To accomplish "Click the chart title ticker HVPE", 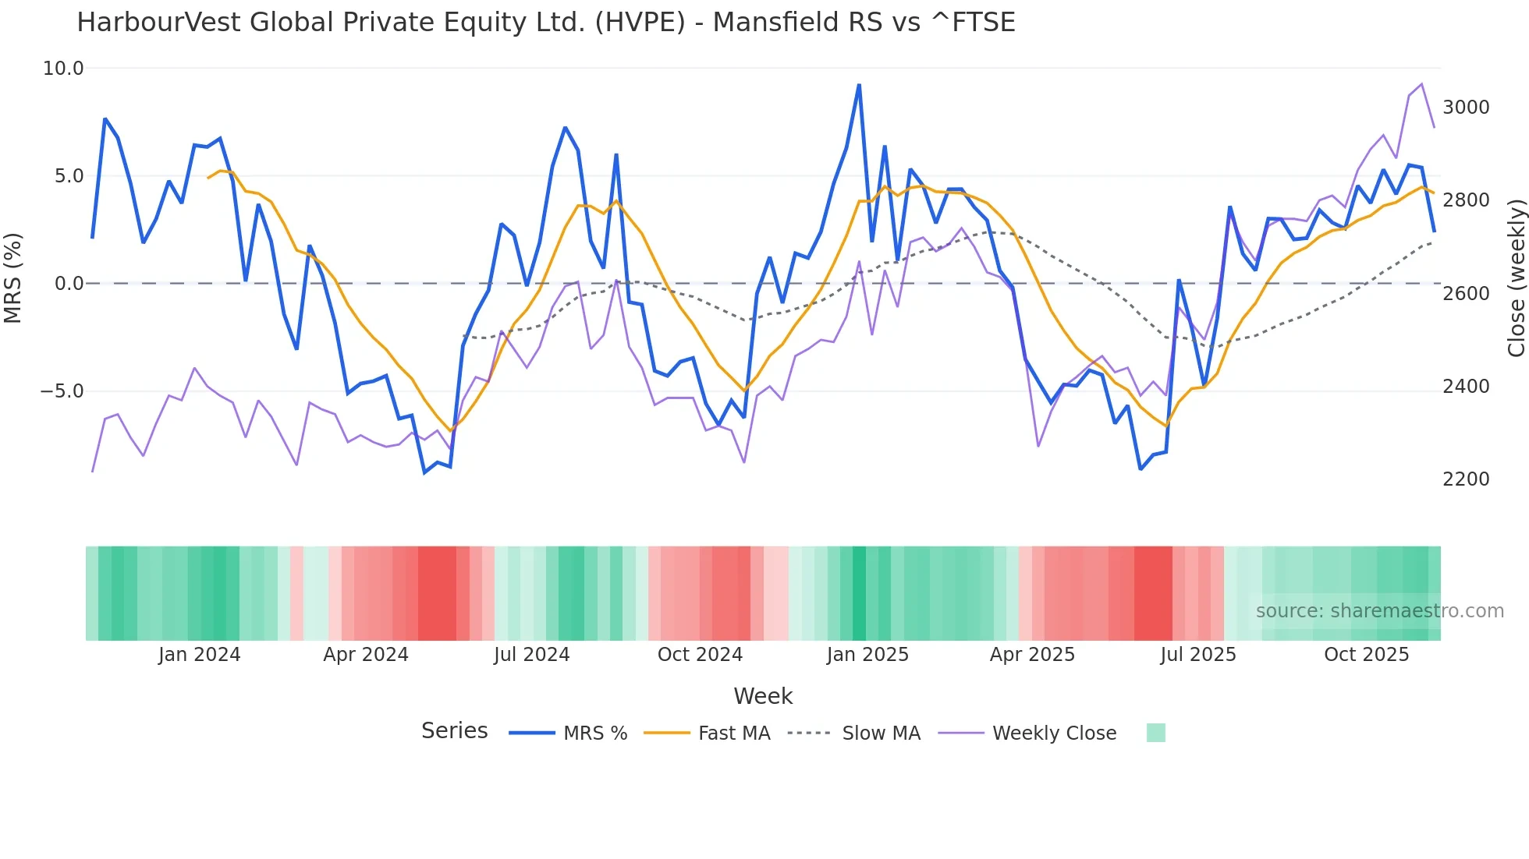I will click(x=640, y=23).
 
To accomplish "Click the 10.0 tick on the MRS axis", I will click(x=63, y=69).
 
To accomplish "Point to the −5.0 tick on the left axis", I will click(x=62, y=391).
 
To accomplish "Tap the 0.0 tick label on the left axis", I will click(x=69, y=284).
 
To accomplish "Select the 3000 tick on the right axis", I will click(x=1466, y=108).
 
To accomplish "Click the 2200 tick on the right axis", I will click(x=1466, y=479).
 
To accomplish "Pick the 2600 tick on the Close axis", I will click(x=1466, y=294).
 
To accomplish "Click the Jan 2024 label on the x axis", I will click(x=199, y=655).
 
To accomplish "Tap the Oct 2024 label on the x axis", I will click(x=700, y=655).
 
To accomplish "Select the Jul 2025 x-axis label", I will click(x=1197, y=655).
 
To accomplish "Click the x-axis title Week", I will click(x=763, y=696).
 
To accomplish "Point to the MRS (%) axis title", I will click(x=13, y=278).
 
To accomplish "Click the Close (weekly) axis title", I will click(x=1516, y=278).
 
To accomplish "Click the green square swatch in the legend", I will click(x=1155, y=733).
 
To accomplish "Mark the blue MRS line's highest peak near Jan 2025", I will click(x=859, y=85).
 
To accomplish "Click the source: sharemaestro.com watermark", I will click(x=1379, y=611).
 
